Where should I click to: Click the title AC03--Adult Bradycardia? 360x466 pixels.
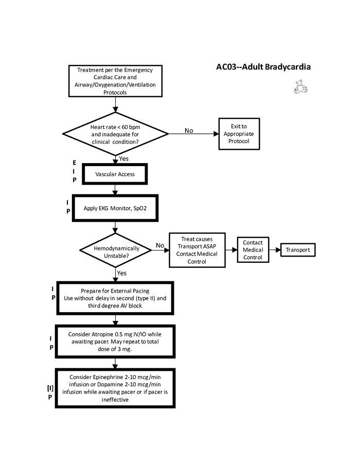[263, 67]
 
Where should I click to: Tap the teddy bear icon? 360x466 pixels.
[300, 87]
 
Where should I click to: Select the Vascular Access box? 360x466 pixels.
[115, 174]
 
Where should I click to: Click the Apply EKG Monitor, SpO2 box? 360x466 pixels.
[115, 208]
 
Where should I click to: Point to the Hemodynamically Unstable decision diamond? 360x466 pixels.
[116, 250]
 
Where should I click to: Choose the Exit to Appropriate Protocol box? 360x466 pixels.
[239, 134]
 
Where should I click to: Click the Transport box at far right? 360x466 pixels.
[298, 250]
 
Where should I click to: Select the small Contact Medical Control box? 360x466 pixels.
[253, 250]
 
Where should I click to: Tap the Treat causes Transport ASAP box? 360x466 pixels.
[197, 250]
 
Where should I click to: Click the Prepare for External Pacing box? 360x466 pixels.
[115, 298]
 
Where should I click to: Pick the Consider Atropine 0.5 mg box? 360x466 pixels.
[115, 342]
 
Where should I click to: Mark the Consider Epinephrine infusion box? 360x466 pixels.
[115, 388]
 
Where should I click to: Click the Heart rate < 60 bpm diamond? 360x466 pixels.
[115, 134]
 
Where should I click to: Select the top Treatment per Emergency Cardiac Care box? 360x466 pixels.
[115, 81]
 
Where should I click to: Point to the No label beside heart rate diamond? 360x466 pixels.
[189, 131]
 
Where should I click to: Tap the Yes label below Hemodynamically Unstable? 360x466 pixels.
[121, 273]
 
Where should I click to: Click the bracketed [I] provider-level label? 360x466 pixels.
[50, 388]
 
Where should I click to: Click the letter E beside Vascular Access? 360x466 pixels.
[75, 163]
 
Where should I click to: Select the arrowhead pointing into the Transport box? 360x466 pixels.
[278, 250]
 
